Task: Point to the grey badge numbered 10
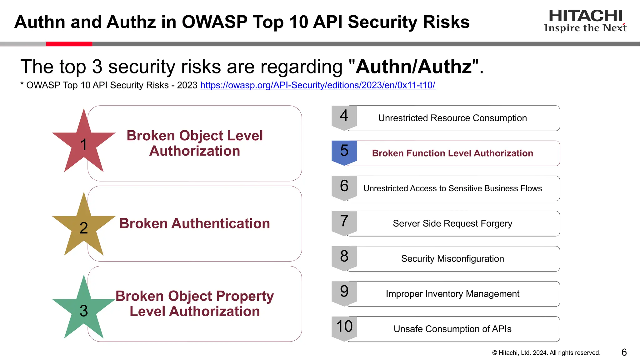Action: (x=344, y=328)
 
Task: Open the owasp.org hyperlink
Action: (x=317, y=85)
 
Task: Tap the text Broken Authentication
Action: (x=194, y=223)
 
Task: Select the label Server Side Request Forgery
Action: (x=452, y=223)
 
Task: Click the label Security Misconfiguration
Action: (x=452, y=259)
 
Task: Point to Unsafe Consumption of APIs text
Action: (x=452, y=329)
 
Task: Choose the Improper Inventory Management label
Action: (x=452, y=294)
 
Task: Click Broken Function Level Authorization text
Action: (x=452, y=153)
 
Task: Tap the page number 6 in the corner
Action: (x=624, y=352)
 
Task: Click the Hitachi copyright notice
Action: (x=546, y=353)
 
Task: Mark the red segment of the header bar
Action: (x=69, y=44)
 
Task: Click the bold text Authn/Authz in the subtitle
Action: (x=414, y=67)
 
